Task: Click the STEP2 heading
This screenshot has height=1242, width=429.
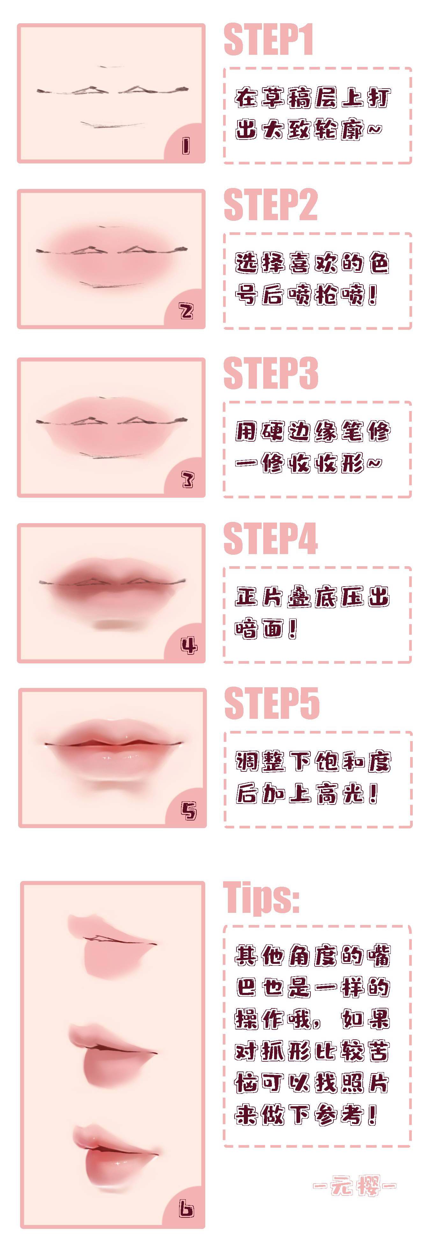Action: click(270, 205)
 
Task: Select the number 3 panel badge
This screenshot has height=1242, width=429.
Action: click(187, 479)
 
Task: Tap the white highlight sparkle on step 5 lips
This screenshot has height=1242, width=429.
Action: click(126, 738)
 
